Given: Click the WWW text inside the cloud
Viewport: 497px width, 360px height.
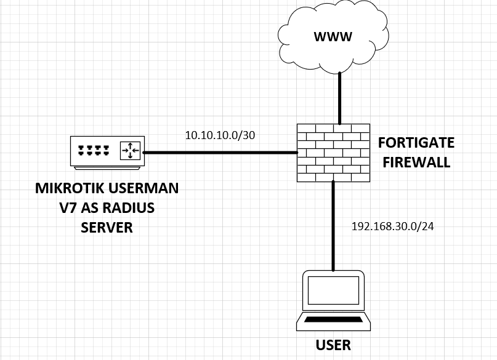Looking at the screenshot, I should pyautogui.click(x=333, y=37).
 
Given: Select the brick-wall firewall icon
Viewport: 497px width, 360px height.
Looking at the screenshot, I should pyautogui.click(x=333, y=153).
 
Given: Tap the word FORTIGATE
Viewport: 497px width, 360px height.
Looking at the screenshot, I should pyautogui.click(x=416, y=143).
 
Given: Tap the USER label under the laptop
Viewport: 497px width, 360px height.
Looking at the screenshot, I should pyautogui.click(x=333, y=345).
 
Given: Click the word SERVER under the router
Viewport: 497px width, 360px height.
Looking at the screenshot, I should pyautogui.click(x=107, y=228).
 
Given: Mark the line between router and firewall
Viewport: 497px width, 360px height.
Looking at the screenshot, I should pyautogui.click(x=219, y=152).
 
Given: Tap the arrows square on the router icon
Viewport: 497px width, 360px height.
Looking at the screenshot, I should pyautogui.click(x=130, y=149).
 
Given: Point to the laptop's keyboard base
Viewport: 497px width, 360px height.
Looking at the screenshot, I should pyautogui.click(x=333, y=321).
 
